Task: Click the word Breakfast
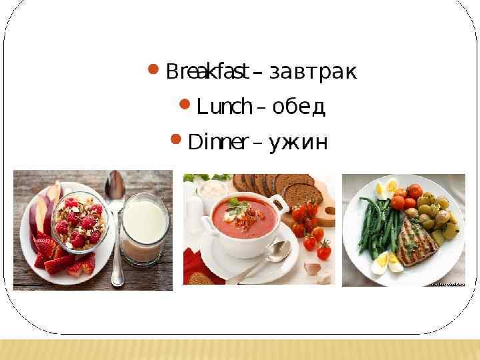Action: pos(207,71)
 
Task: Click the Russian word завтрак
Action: pos(313,71)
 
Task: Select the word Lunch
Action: pos(224,107)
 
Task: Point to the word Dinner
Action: pos(219,142)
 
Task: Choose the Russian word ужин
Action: pos(298,143)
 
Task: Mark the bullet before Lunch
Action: pos(185,103)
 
